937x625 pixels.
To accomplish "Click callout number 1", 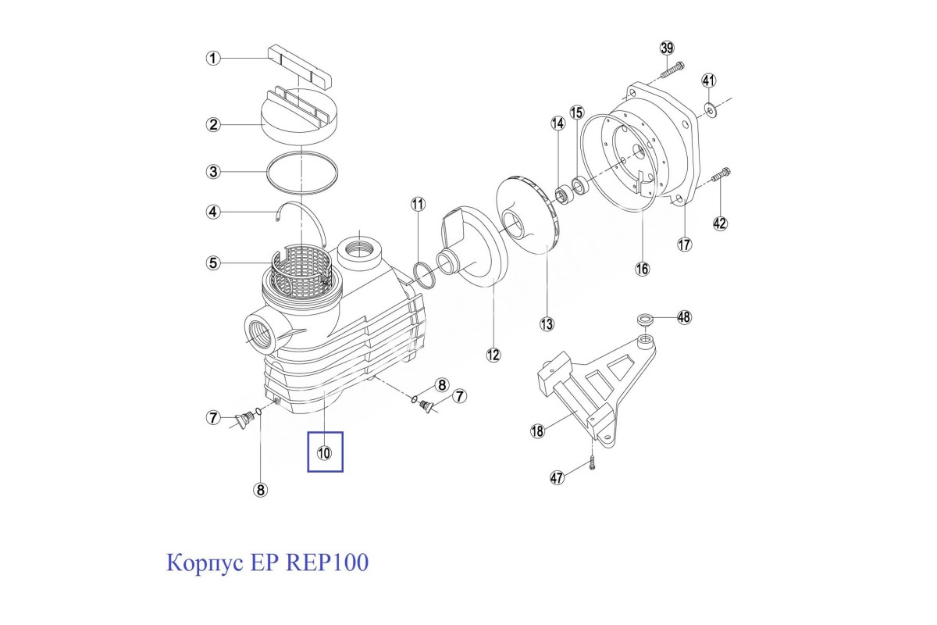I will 212,58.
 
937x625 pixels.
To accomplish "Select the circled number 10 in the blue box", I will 324,452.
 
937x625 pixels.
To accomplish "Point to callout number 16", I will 641,269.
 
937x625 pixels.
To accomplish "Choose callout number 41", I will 708,80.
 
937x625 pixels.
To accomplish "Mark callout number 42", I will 720,223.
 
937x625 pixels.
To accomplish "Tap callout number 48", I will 684,317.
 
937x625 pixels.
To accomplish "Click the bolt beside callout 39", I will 672,71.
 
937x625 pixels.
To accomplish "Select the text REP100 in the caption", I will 327,562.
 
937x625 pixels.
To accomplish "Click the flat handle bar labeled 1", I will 300,66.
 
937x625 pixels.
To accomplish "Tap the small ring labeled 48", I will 645,320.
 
